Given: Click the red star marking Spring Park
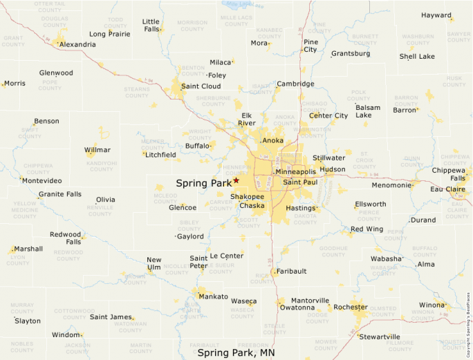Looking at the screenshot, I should point(236,180).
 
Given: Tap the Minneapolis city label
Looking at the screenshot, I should point(295,171).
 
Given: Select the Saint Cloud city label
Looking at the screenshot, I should point(201,86).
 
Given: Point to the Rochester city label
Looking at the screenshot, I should point(350,307).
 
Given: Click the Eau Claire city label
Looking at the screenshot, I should point(447,189).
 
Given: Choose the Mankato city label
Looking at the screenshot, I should point(213,296).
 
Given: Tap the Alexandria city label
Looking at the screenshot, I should point(77,44).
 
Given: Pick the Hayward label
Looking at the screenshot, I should point(436,15).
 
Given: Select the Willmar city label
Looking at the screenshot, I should point(98,150).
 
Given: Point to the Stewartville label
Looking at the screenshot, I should point(380,337).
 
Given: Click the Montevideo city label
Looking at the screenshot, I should point(41,180).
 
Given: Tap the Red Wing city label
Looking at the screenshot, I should point(367,229).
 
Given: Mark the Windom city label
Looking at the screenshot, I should point(66,335).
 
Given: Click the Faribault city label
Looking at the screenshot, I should point(290,272).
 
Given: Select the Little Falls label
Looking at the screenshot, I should point(151,26).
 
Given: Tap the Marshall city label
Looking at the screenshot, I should point(28,249).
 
